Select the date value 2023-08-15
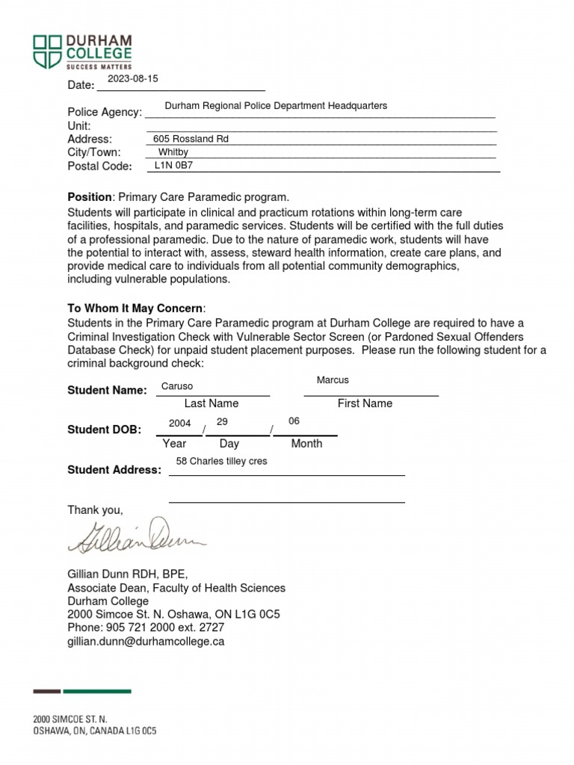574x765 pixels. pos(133,79)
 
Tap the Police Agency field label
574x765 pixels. pos(105,112)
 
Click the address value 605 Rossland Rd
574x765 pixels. pos(191,139)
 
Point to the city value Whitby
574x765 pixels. pos(173,152)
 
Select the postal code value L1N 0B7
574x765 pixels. pos(173,166)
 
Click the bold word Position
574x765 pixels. pos(89,197)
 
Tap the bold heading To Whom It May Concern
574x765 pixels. pos(135,309)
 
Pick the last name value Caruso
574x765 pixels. pos(177,386)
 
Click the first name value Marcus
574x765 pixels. pos(333,380)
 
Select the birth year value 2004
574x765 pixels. pos(179,424)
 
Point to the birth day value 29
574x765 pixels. pos(222,422)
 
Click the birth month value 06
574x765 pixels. pos(294,421)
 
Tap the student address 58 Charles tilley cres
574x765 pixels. pos(221,462)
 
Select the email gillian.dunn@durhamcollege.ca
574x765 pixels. pos(146,642)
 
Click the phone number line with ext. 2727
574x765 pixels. pos(146,628)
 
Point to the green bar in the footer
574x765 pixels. pos(97,691)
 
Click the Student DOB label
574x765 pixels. pos(104,430)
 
